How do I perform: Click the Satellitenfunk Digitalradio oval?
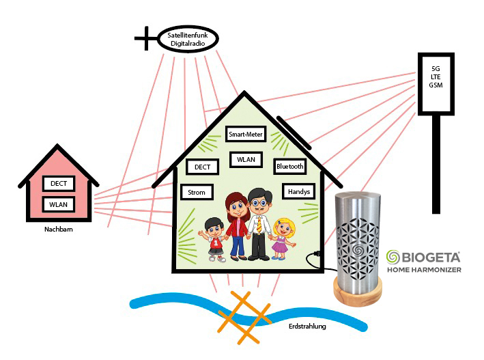tap(188, 39)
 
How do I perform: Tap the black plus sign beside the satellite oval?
tap(145, 39)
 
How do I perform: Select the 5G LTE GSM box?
tap(436, 77)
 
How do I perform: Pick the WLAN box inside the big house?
tap(245, 159)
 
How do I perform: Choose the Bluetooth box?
tap(290, 166)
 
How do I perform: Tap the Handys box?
tap(298, 192)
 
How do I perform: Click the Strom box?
tap(197, 193)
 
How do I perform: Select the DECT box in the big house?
tap(202, 167)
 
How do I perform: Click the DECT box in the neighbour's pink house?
tap(57, 184)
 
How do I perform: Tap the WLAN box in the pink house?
tap(57, 204)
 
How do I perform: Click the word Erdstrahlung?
tap(307, 327)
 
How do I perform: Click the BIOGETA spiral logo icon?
tap(394, 258)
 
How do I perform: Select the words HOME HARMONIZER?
tap(424, 270)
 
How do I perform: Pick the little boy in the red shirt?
tap(216, 239)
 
